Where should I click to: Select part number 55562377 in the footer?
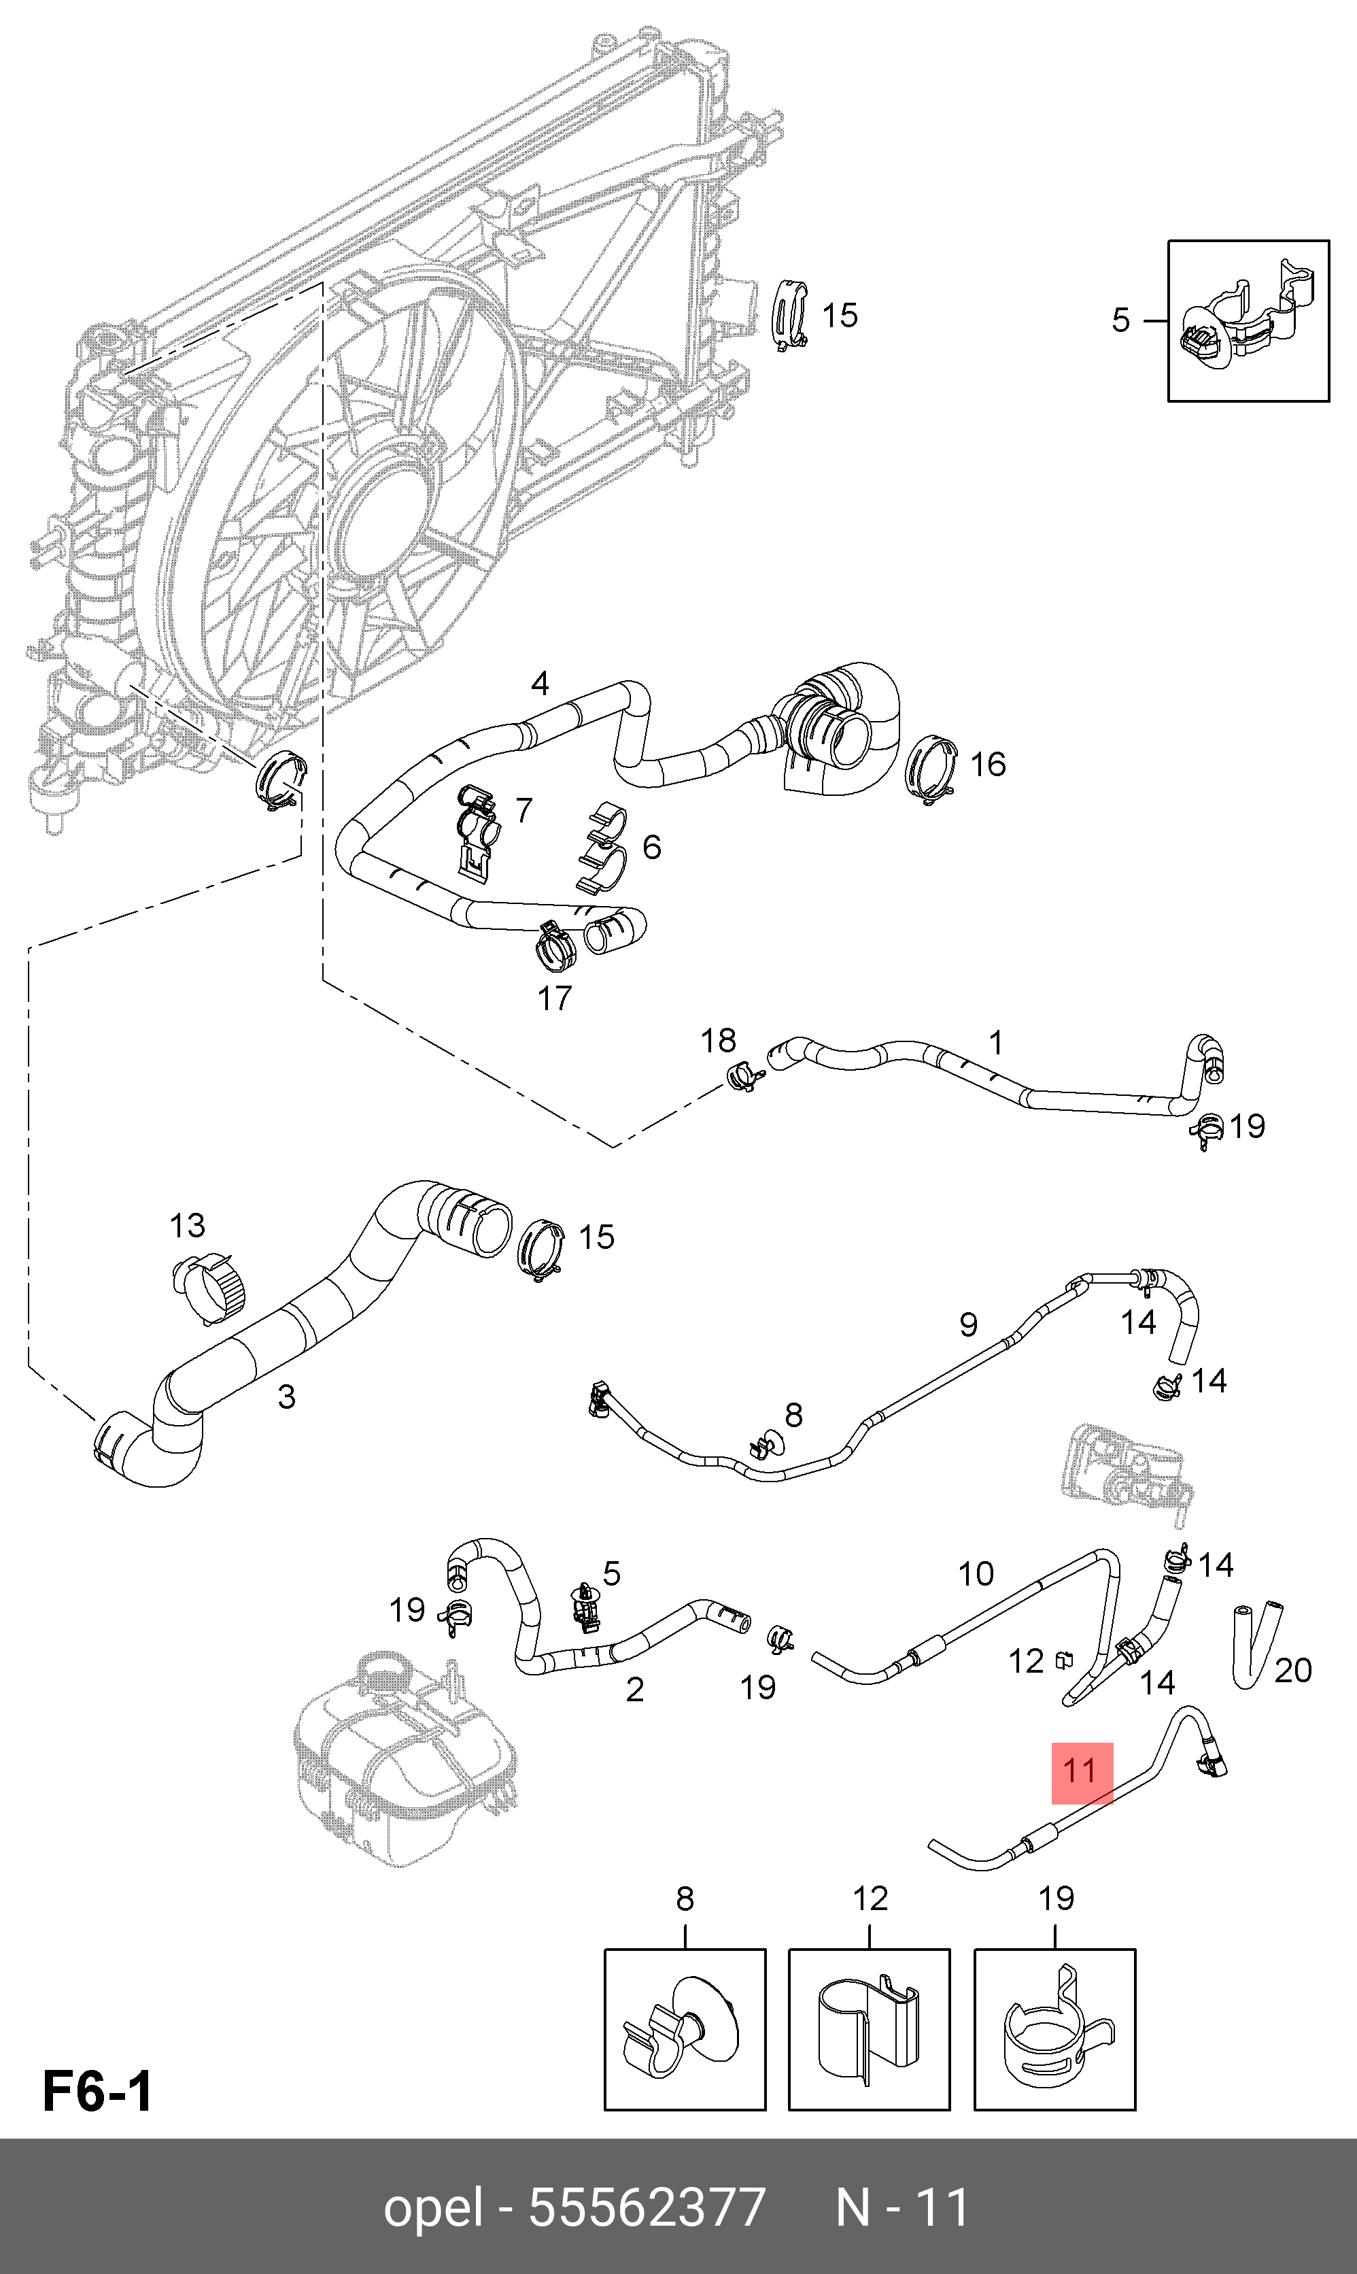pyautogui.click(x=647, y=2208)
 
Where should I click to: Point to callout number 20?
pyautogui.click(x=1293, y=1670)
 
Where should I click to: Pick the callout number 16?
pyautogui.click(x=988, y=764)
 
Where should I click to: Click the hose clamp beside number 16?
pyautogui.click(x=931, y=769)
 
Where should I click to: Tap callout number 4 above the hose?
pyautogui.click(x=540, y=684)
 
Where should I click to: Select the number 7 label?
pyautogui.click(x=523, y=809)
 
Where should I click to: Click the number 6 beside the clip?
pyautogui.click(x=652, y=847)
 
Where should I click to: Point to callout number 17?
pyautogui.click(x=554, y=998)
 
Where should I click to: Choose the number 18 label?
pyautogui.click(x=718, y=1040)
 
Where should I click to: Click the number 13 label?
pyautogui.click(x=188, y=1225)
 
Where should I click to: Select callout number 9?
pyautogui.click(x=968, y=1324)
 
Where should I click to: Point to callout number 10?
pyautogui.click(x=976, y=1573)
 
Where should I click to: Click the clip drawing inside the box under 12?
pyautogui.click(x=869, y=2029)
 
